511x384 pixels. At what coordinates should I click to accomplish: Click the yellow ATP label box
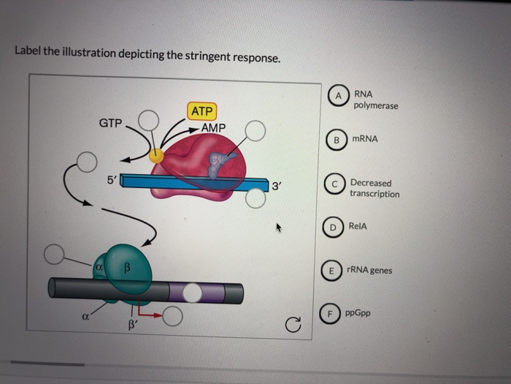tap(201, 111)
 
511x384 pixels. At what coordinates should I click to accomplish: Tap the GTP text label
tap(111, 124)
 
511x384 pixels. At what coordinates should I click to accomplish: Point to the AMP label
tap(214, 128)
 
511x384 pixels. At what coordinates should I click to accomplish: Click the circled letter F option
tap(331, 314)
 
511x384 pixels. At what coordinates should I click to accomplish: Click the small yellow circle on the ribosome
tap(156, 155)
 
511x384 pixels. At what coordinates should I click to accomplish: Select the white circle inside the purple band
tap(192, 292)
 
